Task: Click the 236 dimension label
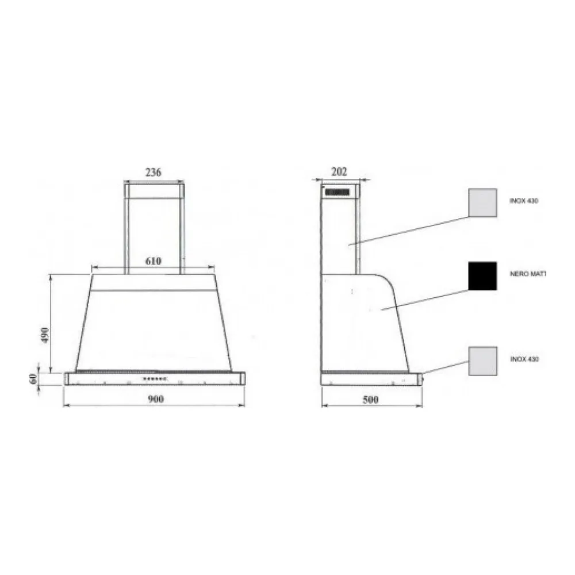pos(154,172)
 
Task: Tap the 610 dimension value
pos(154,261)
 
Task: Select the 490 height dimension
pos(45,335)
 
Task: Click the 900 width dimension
pos(155,398)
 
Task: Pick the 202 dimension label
pos(339,171)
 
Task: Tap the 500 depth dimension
pos(370,400)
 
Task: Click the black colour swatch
pos(482,276)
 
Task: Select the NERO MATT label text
pos(528,274)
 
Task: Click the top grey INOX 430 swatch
pos(482,203)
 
